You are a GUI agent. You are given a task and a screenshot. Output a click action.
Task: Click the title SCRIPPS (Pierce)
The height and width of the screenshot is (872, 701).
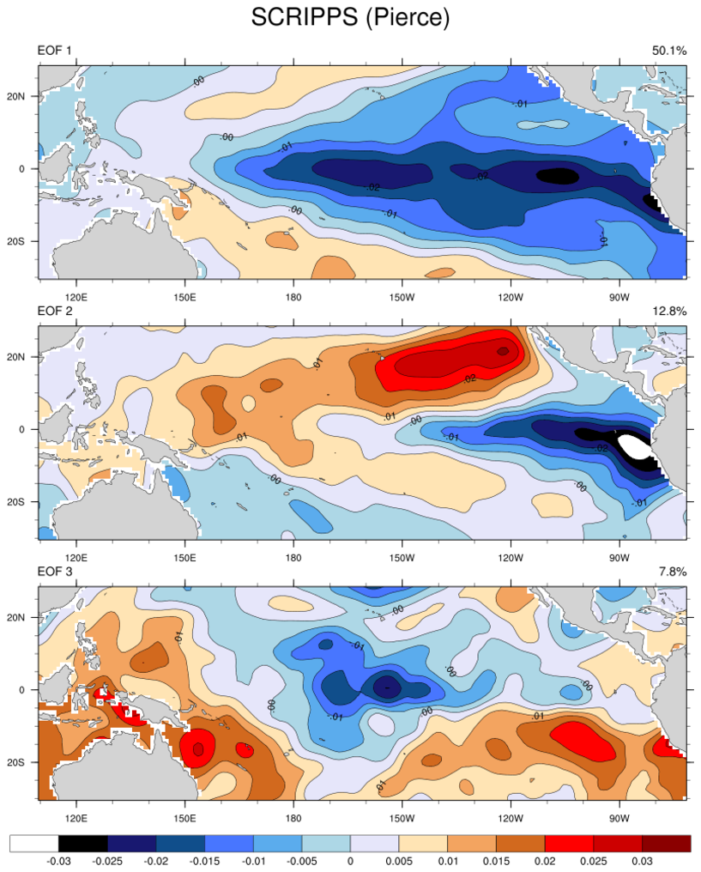350,17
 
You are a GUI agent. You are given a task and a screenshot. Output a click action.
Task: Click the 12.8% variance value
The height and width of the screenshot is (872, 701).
668,312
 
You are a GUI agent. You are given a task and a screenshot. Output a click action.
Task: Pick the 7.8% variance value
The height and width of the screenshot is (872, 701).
672,572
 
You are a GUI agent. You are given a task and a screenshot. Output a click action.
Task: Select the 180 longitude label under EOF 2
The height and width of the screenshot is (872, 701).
293,557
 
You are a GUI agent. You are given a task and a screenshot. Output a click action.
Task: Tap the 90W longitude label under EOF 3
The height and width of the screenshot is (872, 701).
619,817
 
